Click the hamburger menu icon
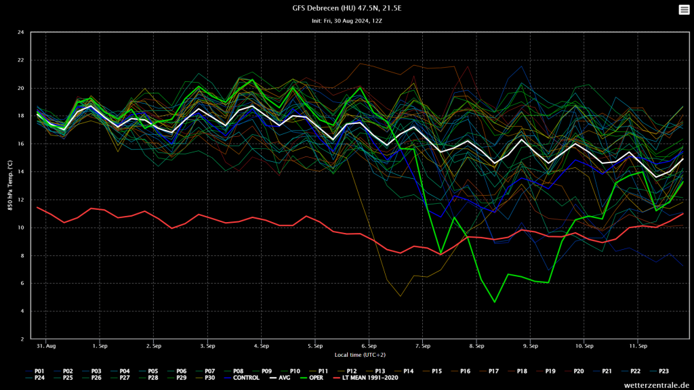(683, 9)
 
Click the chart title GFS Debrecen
(347, 8)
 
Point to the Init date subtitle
(347, 21)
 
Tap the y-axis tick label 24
(22, 32)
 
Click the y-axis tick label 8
(22, 256)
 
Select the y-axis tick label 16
(22, 144)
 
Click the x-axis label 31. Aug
(46, 346)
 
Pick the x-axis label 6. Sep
(369, 346)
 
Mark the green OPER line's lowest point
(495, 302)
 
